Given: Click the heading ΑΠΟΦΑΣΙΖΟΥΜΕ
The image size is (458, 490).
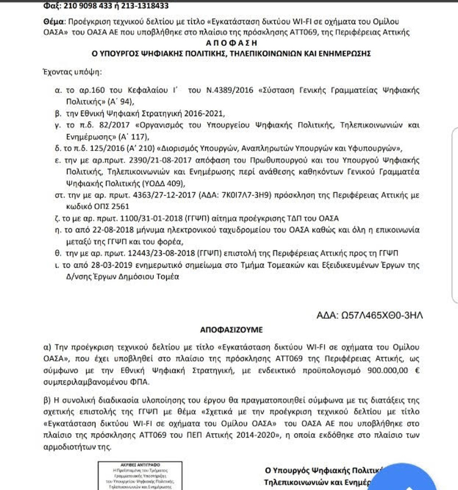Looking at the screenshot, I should [x=231, y=329].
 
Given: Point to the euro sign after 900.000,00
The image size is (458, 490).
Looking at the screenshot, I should [x=417, y=371].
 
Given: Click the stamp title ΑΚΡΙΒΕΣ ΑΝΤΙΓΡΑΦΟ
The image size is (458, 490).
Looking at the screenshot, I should [x=140, y=464].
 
